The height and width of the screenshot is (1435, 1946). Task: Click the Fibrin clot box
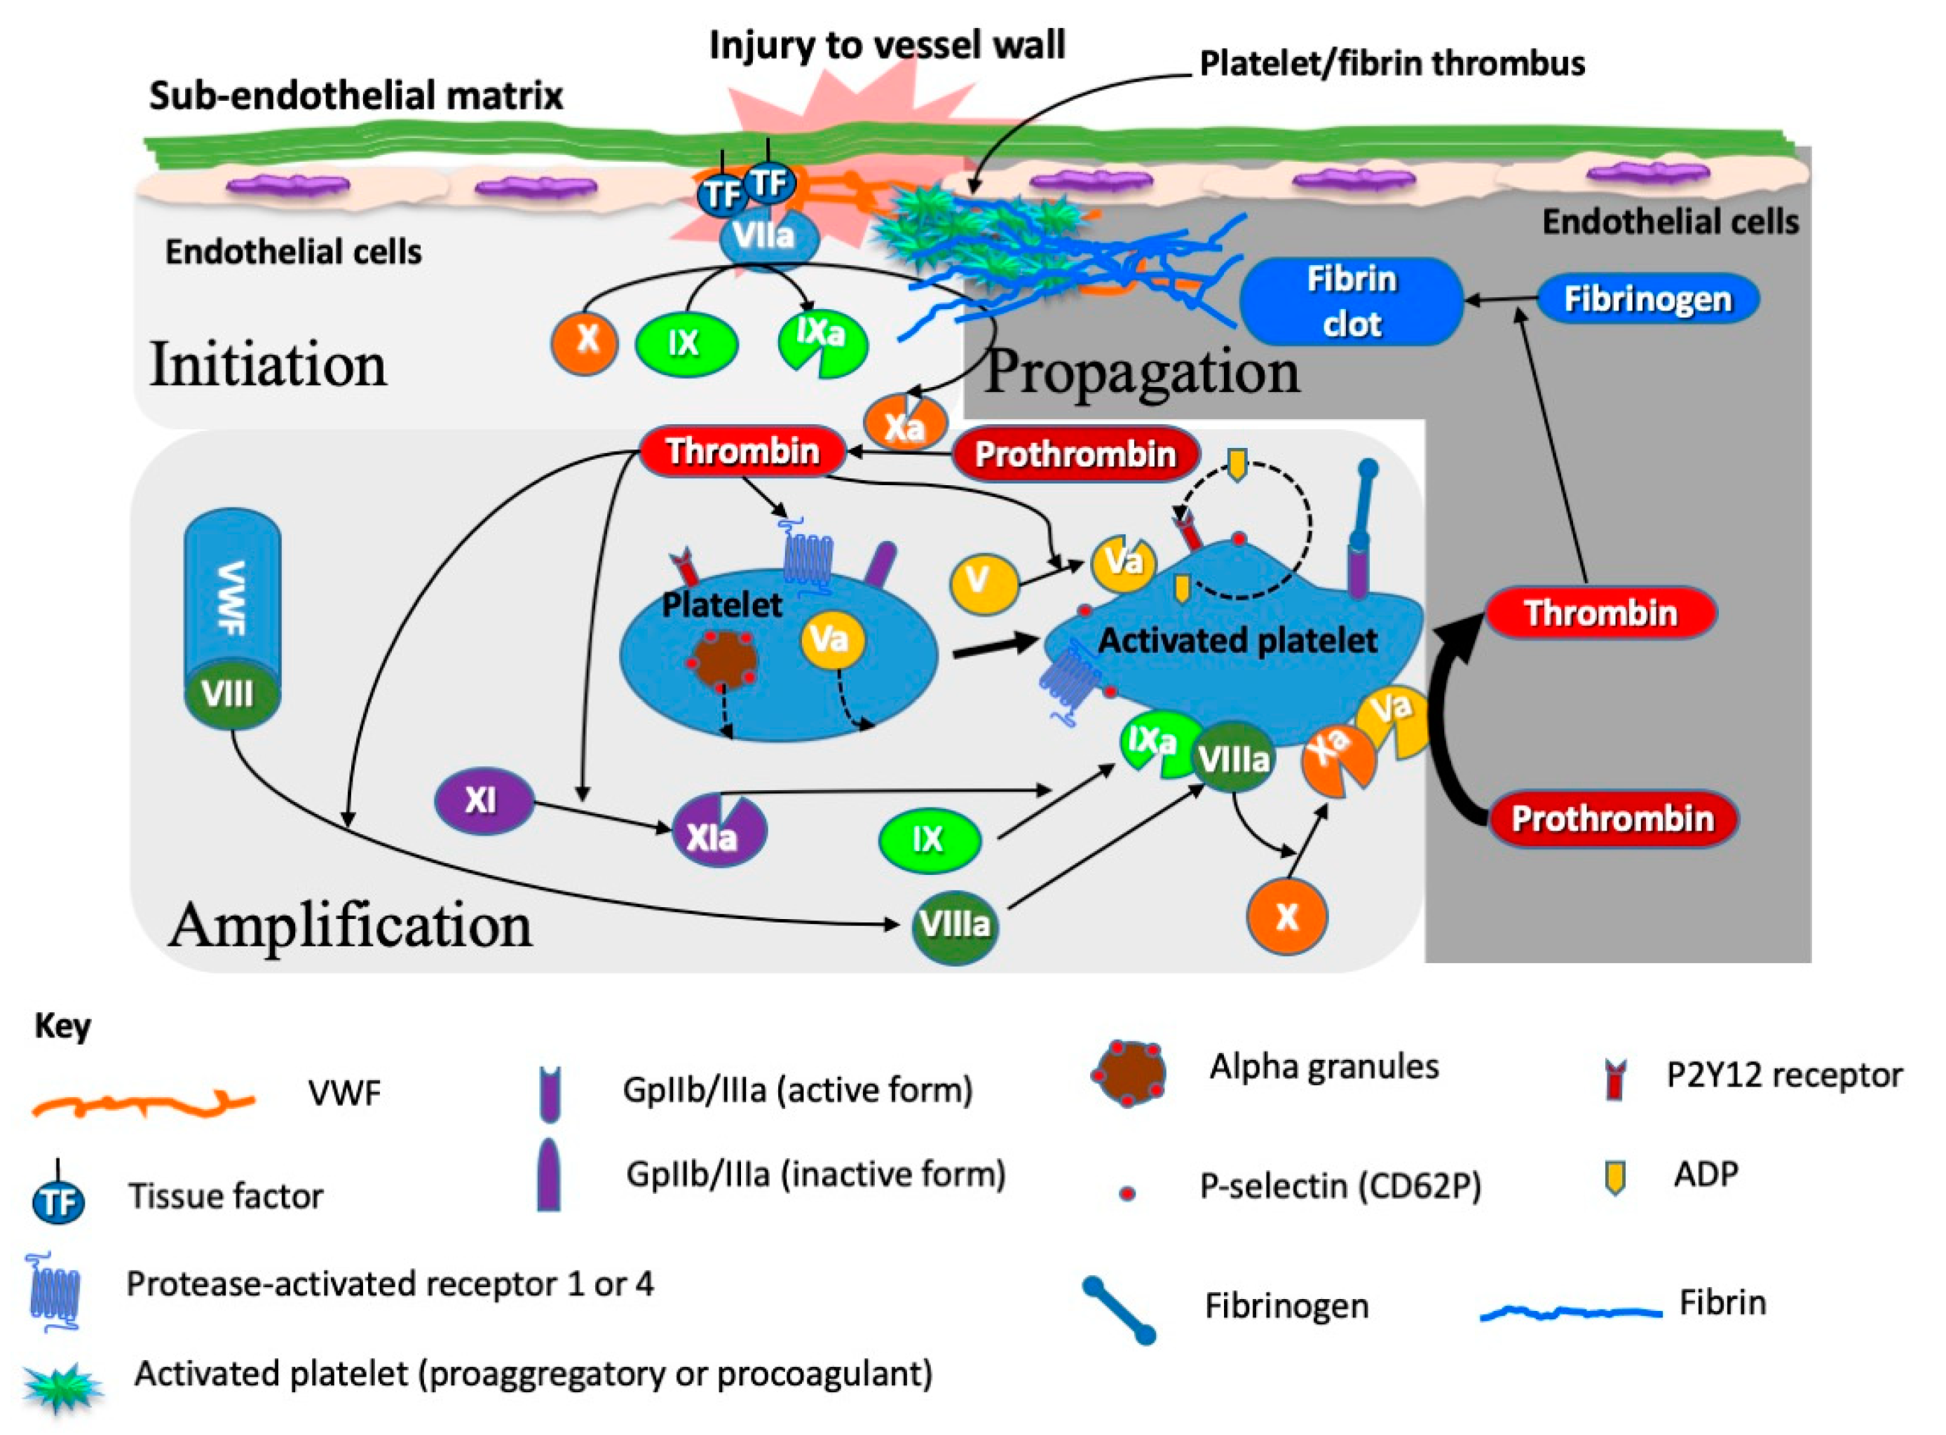click(x=1350, y=301)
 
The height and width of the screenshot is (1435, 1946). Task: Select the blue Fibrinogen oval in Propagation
click(x=1647, y=299)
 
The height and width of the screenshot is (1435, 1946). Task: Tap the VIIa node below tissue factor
click(x=767, y=237)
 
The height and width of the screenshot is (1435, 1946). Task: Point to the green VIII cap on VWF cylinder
click(x=231, y=693)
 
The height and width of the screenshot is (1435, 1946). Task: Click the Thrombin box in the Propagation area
click(x=1600, y=613)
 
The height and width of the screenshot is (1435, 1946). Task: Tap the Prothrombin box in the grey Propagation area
click(x=1612, y=818)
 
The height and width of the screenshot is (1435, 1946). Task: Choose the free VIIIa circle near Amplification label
click(x=954, y=924)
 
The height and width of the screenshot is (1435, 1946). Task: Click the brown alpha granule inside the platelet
click(x=721, y=661)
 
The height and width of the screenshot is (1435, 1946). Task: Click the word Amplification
click(x=350, y=926)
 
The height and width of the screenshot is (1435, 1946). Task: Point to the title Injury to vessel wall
click(x=886, y=45)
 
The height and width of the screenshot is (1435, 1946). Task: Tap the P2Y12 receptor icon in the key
click(x=1615, y=1080)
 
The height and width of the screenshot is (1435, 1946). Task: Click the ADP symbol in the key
click(x=1615, y=1178)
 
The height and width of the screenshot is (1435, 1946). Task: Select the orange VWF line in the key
click(x=143, y=1104)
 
